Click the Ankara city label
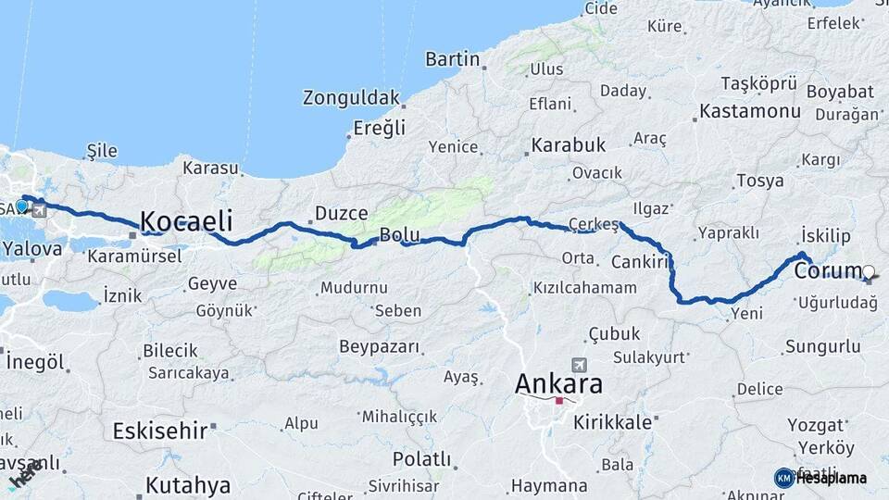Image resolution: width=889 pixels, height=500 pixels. click(558, 382)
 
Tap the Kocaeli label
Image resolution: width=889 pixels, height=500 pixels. click(185, 220)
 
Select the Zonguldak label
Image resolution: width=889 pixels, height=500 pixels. click(351, 97)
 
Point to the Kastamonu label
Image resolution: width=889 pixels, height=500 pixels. click(750, 111)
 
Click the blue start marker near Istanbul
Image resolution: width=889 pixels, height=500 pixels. click(21, 206)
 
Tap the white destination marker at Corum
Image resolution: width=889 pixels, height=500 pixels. click(868, 272)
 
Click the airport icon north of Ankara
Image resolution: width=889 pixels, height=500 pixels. click(580, 364)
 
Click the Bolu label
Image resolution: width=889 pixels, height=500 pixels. click(400, 235)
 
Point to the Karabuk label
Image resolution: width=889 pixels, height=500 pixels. click(567, 145)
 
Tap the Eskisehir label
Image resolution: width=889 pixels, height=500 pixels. click(158, 430)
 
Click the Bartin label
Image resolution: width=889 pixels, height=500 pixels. click(452, 59)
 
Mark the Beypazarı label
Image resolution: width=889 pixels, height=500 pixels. click(380, 347)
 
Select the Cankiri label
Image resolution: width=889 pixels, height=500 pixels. click(640, 262)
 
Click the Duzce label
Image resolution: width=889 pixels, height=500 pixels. click(341, 214)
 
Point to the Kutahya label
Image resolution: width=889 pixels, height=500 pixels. click(187, 484)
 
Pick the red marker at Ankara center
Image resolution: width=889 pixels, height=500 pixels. click(559, 401)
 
